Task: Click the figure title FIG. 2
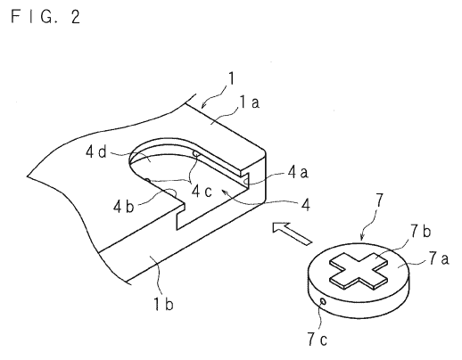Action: [45, 16]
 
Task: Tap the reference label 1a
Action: [249, 102]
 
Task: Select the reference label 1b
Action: [163, 304]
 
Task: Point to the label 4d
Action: [95, 152]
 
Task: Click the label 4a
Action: [298, 172]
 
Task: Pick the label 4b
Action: [123, 207]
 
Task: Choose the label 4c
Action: [202, 192]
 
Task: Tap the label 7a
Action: [439, 258]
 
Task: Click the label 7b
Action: [421, 232]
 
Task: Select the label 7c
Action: [318, 340]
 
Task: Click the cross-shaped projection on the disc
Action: [359, 271]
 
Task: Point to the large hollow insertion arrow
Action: [292, 233]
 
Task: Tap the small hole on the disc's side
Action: [323, 301]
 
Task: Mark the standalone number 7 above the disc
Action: [380, 200]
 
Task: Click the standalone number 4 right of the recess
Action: [306, 205]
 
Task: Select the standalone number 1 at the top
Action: [231, 78]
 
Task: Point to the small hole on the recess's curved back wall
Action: [195, 153]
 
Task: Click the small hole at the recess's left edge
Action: [147, 180]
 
